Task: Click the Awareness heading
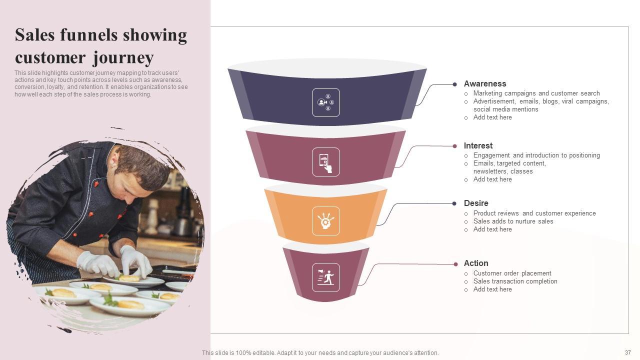[x=484, y=84]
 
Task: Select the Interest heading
[x=478, y=146]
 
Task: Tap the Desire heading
[x=476, y=203]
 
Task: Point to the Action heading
[x=476, y=263]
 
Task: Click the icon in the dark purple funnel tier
[x=326, y=102]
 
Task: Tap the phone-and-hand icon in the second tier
[x=326, y=162]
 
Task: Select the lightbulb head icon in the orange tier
[x=326, y=221]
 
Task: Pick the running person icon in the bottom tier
[x=326, y=277]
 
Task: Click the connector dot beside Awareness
[x=454, y=84]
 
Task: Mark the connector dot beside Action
[x=455, y=264]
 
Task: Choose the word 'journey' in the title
[x=123, y=58]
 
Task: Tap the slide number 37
[x=628, y=352]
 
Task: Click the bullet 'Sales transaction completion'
[x=515, y=281]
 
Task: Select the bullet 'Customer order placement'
[x=512, y=273]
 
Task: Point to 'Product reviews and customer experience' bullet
[x=534, y=213]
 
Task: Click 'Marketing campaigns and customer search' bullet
[x=536, y=93]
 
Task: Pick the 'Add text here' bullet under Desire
[x=492, y=229]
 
